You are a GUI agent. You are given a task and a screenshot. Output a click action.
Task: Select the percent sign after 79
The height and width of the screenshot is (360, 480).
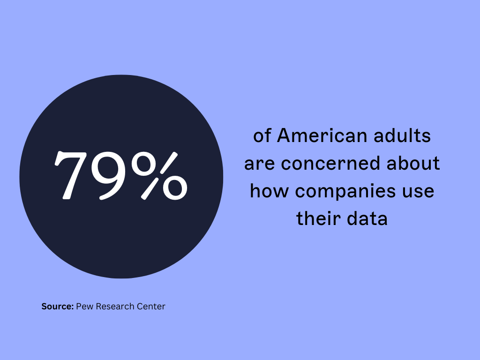[159, 176]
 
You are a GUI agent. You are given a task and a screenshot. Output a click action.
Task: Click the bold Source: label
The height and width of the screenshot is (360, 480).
[58, 307]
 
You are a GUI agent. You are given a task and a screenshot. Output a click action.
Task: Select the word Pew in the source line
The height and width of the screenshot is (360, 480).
[84, 307]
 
